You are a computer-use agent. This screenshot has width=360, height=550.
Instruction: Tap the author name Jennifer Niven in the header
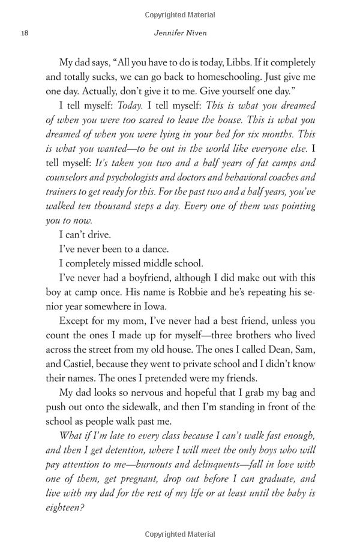click(x=180, y=33)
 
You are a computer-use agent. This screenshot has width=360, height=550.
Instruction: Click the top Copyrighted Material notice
click(x=180, y=14)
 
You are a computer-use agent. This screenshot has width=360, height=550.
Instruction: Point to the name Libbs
click(x=281, y=62)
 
